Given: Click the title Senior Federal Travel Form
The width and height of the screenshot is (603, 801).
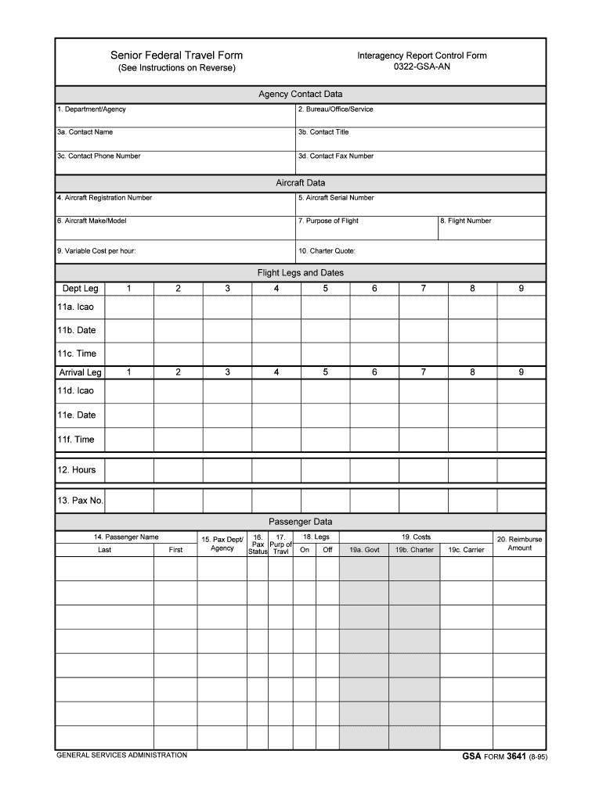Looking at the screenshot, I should tap(176, 56).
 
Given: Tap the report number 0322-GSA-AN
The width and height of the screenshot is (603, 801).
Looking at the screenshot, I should tap(422, 67).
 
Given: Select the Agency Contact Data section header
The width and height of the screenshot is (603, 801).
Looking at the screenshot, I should tap(301, 94).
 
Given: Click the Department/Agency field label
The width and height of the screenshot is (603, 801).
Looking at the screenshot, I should tap(91, 110).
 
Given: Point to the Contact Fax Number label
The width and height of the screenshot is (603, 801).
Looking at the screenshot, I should tap(335, 156).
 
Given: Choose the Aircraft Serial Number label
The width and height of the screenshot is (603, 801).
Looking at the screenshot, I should tap(335, 198).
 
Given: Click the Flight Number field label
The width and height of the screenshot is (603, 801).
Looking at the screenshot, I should tap(465, 221).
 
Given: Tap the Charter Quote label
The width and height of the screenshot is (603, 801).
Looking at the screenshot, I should tap(327, 251).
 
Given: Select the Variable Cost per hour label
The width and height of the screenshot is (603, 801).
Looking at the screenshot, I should tap(101, 251).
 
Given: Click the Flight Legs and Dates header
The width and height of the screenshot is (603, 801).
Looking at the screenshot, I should tap(301, 273).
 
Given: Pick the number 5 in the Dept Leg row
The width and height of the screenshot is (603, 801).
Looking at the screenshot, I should tap(325, 289).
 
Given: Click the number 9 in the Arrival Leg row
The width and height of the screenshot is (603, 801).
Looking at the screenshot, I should tap(521, 372).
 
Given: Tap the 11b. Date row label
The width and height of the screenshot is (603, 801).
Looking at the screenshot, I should tap(76, 330).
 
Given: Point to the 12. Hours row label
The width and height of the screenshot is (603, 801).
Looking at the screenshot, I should tap(76, 470).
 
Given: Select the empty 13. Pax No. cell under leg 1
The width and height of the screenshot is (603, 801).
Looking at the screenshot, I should tap(128, 500).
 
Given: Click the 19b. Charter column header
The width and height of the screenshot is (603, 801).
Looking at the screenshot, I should tap(414, 550).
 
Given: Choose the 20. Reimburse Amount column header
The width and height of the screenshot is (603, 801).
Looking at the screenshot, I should tap(519, 544).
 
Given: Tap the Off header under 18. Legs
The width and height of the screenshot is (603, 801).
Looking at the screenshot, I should tap(327, 550).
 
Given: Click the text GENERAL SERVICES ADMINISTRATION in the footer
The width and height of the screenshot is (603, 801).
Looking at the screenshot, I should tap(121, 756).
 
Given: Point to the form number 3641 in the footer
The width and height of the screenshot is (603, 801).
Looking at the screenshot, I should tap(516, 757).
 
